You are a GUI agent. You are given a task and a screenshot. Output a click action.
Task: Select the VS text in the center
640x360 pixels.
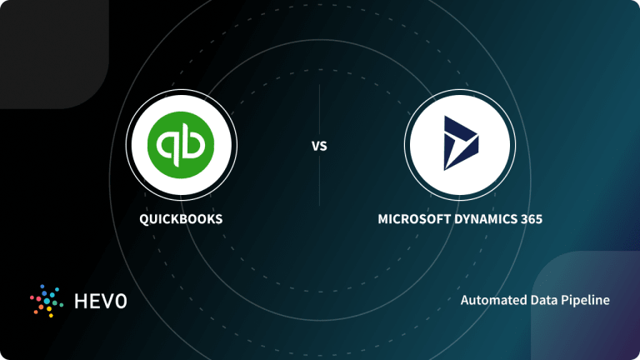point(319,146)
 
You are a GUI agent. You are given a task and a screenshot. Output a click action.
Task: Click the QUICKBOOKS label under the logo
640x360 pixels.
point(181,220)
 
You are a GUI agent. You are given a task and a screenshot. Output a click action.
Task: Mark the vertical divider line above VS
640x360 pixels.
point(319,108)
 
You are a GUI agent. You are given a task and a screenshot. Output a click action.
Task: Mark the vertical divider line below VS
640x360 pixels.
point(319,182)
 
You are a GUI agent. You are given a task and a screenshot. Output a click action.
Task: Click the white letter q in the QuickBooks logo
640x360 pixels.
point(170,144)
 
